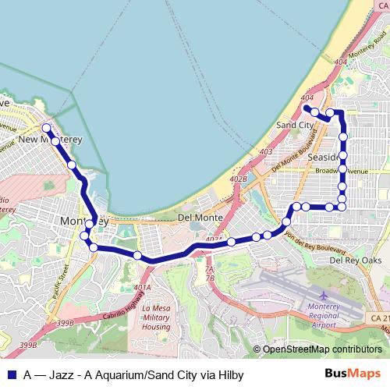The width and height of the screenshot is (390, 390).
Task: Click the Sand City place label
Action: click(295, 125)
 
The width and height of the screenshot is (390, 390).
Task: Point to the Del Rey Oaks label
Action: click(356, 260)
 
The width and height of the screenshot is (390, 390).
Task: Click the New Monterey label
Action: click(50, 140)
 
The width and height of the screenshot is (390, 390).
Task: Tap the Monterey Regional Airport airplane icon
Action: click(324, 296)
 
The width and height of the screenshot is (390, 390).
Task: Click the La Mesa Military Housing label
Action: click(156, 318)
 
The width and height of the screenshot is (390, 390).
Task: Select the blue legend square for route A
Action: click(11, 375)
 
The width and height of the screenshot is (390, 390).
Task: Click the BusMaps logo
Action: click(353, 374)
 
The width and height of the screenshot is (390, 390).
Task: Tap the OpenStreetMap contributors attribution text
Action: click(321, 349)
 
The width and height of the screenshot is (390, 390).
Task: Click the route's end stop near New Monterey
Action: click(46, 127)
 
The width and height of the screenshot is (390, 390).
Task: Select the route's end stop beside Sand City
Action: click(307, 108)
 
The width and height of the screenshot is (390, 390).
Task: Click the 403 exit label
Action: click(266, 152)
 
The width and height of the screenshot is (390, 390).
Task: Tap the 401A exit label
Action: click(142, 288)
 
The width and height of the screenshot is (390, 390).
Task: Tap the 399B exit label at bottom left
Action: click(65, 323)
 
